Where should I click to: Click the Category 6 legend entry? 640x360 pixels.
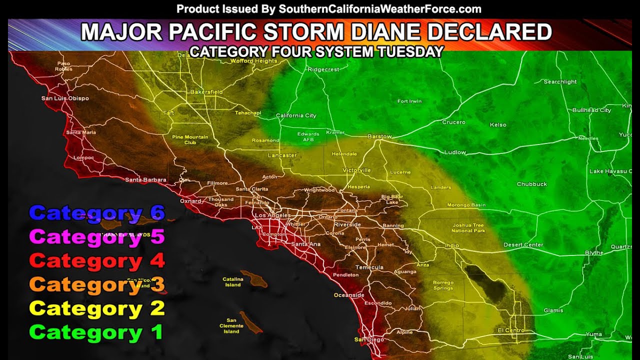click(x=96, y=213)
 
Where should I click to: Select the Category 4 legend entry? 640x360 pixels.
click(x=96, y=260)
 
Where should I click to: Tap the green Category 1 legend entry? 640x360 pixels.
click(x=96, y=332)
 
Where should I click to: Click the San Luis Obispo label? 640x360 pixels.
click(x=65, y=98)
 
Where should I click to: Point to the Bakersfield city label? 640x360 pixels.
click(x=206, y=92)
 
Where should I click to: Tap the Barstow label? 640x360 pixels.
click(x=379, y=136)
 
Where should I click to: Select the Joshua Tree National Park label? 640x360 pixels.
click(x=468, y=228)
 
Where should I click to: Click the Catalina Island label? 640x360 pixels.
click(x=232, y=282)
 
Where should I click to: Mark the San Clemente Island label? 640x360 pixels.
click(x=231, y=326)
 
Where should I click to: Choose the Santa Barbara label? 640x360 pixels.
click(x=145, y=179)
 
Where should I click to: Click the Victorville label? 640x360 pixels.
click(x=356, y=170)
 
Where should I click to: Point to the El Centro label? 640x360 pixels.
click(x=511, y=330)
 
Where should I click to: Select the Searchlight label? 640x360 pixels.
click(x=560, y=82)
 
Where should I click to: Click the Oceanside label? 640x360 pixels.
click(x=349, y=295)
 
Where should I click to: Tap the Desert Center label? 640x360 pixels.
click(x=523, y=245)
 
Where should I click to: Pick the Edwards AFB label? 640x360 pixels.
click(x=308, y=137)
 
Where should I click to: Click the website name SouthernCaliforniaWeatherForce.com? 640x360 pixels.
click(x=380, y=9)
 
